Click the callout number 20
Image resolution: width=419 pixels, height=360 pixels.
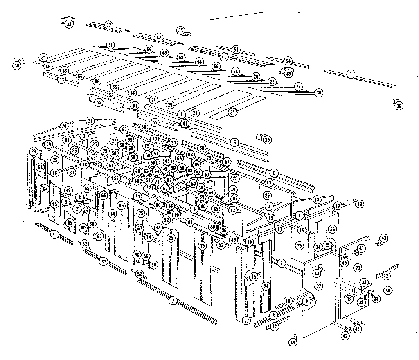64,126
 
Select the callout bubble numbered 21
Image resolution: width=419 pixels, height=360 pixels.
90,121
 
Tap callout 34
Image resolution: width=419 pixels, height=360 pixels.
72,172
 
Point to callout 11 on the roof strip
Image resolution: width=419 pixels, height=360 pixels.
224,57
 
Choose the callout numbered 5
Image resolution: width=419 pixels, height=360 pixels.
234,142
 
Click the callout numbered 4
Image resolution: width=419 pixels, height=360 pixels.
300,215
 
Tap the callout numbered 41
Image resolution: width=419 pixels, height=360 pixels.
357,328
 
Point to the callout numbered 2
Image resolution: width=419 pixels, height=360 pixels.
77,209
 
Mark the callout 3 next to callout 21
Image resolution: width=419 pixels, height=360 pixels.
84,135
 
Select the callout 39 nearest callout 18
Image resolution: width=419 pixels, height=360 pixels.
359,204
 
